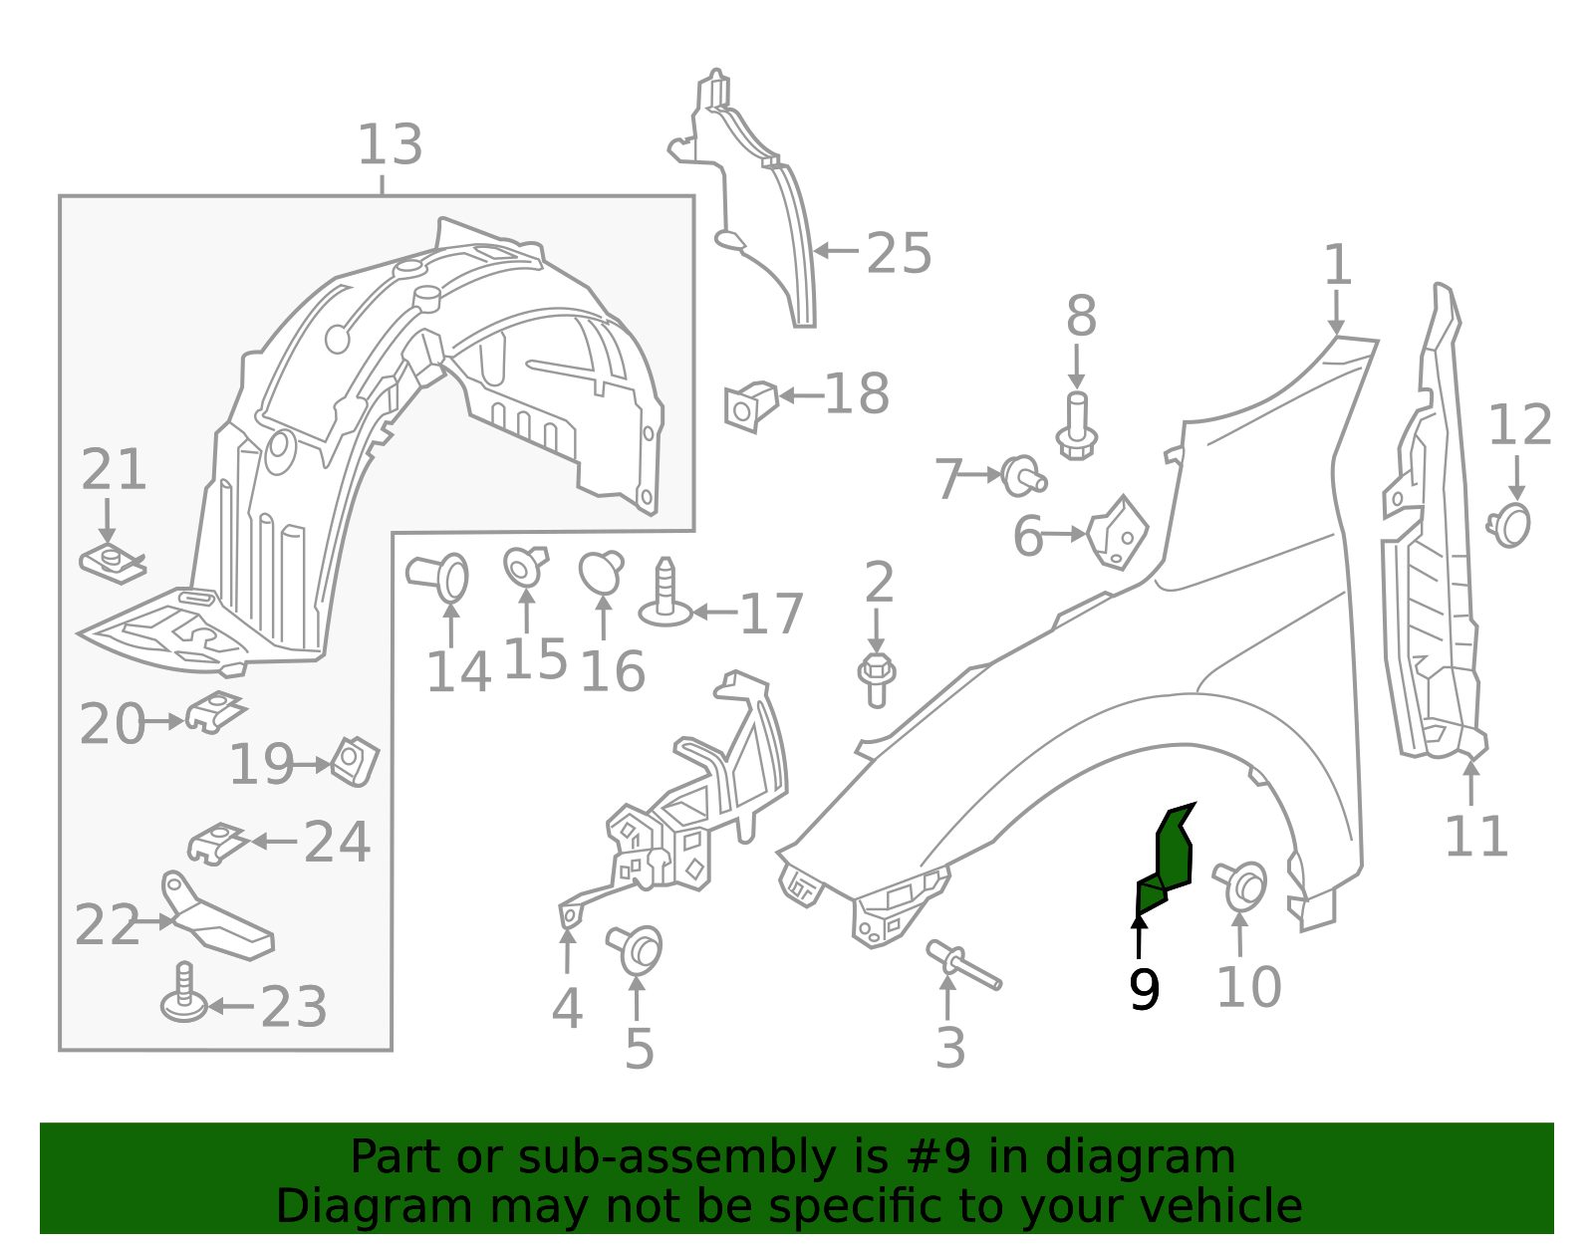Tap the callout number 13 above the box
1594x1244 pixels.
pos(390,145)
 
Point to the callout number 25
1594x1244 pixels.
pos(899,254)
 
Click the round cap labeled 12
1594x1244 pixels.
pos(1512,525)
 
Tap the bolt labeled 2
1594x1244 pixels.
pos(877,679)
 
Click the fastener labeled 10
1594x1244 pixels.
pos(1243,884)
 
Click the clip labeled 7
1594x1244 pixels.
pos(1022,474)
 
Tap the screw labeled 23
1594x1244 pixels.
pos(184,995)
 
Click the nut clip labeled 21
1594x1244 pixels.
pos(112,565)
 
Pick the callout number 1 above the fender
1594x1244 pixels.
pos(1337,265)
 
